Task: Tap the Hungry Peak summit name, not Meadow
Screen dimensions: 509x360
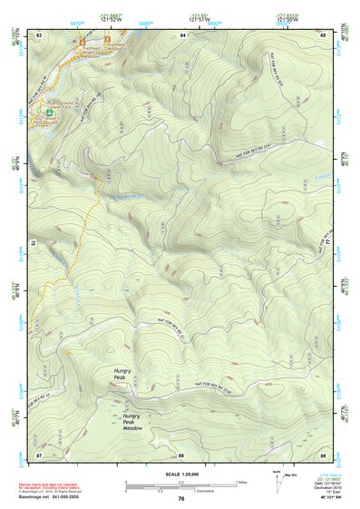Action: (124, 374)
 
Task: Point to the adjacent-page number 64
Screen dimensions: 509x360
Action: (182, 34)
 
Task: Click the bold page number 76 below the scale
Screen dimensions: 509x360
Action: (181, 499)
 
